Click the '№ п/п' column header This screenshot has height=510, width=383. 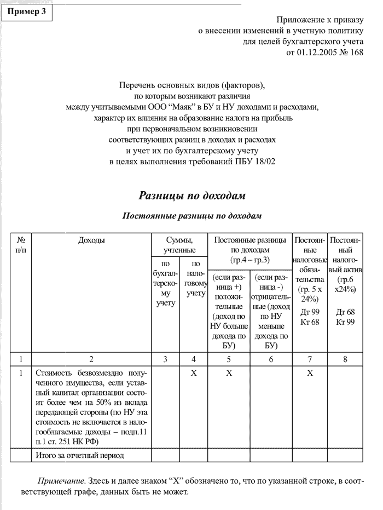(21, 245)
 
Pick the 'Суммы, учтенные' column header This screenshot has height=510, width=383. (179, 245)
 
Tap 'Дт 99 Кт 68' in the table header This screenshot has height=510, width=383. (310, 317)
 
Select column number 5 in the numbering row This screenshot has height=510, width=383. (229, 359)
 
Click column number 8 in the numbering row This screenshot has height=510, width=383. (344, 359)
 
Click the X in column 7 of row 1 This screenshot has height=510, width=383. (310, 373)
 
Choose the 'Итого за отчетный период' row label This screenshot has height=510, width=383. (80, 455)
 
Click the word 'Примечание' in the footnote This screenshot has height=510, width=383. (60, 480)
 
